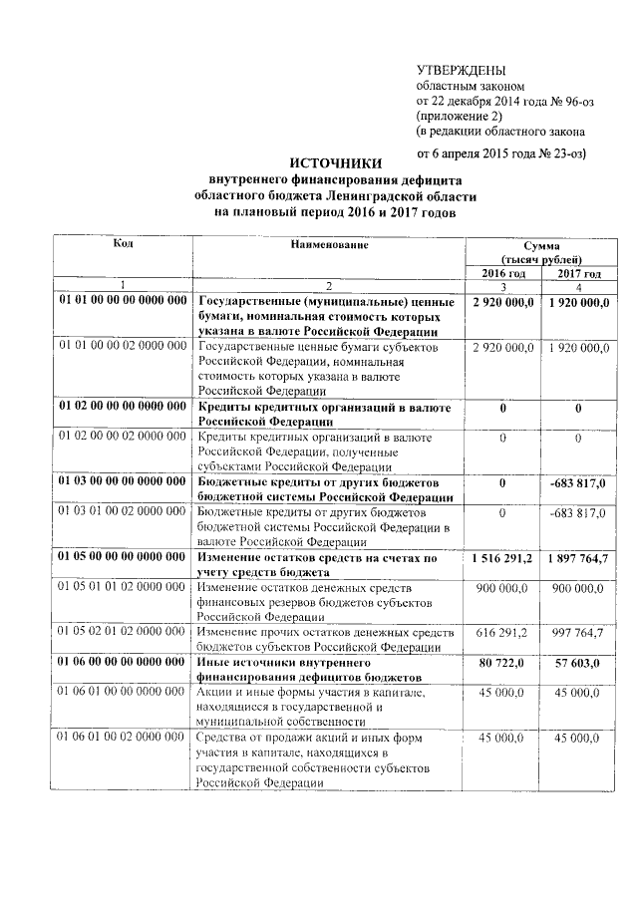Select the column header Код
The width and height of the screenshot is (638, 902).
tap(124, 243)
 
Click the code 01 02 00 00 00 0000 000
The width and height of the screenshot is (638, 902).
tap(124, 407)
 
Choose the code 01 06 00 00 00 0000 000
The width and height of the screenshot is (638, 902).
tap(124, 661)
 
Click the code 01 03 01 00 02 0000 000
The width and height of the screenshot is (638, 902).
tap(124, 511)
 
